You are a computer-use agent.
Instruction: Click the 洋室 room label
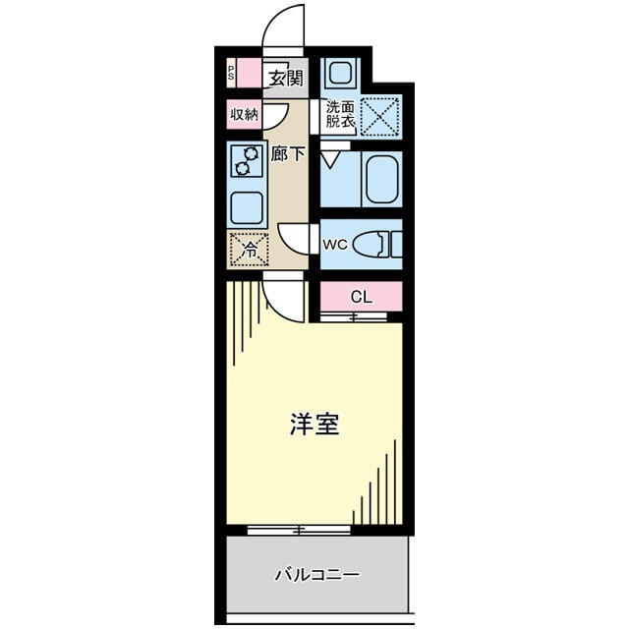click(x=314, y=425)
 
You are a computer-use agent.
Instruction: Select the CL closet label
click(x=361, y=297)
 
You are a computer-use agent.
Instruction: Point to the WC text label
click(x=334, y=244)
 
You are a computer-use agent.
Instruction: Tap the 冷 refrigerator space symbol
click(x=249, y=250)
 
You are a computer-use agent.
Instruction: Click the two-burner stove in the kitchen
click(x=246, y=161)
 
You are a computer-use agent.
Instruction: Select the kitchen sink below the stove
click(x=246, y=206)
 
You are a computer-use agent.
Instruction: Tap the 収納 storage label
click(x=245, y=115)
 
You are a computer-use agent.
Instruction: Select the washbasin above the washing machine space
click(x=340, y=73)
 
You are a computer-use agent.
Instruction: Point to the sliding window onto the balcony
click(x=299, y=530)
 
